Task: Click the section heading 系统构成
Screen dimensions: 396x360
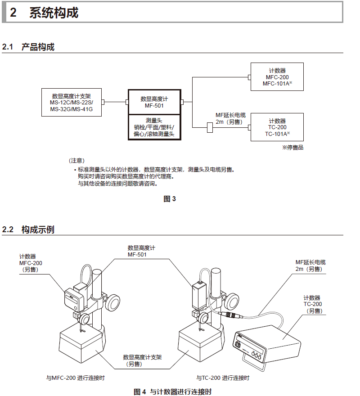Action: point(54,13)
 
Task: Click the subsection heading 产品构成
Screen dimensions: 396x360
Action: point(38,47)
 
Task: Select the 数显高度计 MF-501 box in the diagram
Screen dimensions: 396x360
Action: point(154,102)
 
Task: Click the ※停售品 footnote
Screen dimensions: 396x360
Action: point(292,148)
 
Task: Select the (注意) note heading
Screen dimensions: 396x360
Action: point(76,161)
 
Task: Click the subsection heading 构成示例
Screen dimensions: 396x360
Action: point(38,229)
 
